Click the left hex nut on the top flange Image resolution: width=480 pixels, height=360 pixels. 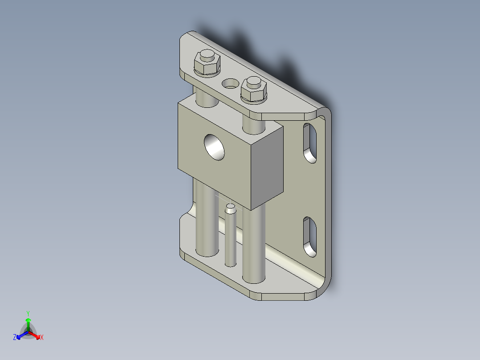click(207, 67)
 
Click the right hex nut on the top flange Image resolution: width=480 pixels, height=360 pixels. click(254, 93)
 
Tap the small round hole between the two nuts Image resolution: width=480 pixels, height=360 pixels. click(230, 83)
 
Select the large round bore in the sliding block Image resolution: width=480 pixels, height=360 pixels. click(215, 147)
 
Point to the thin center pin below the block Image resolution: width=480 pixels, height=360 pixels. click(230, 241)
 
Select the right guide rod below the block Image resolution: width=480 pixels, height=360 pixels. click(254, 245)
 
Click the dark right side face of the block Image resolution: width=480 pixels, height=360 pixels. click(267, 169)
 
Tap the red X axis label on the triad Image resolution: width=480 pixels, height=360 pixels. click(42, 338)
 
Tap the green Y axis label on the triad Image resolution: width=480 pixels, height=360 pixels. click(28, 313)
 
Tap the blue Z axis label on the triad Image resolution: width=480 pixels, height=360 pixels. click(15, 338)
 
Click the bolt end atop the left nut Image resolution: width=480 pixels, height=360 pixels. click(206, 56)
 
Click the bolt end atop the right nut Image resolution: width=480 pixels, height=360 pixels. click(253, 82)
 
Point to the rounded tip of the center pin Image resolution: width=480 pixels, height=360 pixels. click(230, 207)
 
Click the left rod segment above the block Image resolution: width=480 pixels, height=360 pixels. click(206, 98)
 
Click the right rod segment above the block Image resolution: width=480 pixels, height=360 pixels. click(253, 125)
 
